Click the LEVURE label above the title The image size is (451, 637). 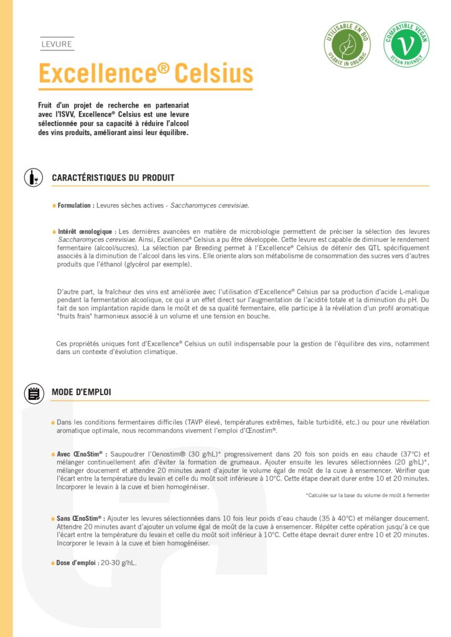point(57,45)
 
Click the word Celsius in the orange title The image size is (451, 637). point(214,73)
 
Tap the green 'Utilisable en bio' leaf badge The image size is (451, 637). point(347,44)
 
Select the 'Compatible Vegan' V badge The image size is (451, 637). point(406,44)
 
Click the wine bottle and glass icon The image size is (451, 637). point(33,177)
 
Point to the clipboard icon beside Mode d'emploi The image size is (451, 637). point(33,393)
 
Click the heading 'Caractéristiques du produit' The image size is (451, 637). point(113,178)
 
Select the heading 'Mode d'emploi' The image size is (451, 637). point(81,393)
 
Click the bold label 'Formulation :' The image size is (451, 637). point(76,205)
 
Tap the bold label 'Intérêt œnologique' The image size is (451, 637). point(85,231)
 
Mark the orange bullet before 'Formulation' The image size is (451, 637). point(54,205)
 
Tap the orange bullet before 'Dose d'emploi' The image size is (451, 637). point(54,563)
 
